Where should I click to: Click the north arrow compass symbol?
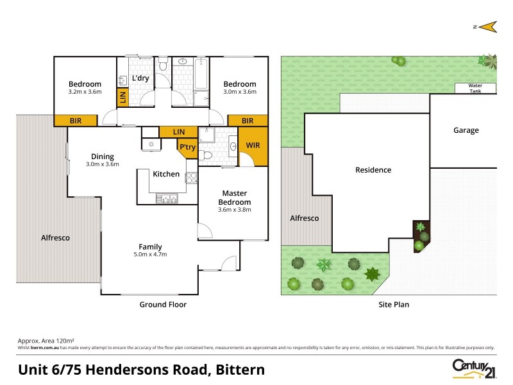coord(487,26)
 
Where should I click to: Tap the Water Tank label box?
coord(475,89)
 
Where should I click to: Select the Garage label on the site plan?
coord(466,130)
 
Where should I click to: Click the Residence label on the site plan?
coord(373,170)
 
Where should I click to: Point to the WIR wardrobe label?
coord(253,146)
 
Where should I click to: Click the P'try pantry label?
coord(187,148)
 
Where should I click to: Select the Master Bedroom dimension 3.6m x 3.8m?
coord(235,209)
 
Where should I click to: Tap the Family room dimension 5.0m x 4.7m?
coord(151,254)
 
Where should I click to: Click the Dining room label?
coord(103,156)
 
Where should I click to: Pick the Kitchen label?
coord(165,174)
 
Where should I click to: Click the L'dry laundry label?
coord(141,78)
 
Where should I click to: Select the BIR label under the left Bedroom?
coord(76,121)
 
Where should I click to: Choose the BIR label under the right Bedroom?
coord(248,121)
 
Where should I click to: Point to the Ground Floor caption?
coord(163,304)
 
